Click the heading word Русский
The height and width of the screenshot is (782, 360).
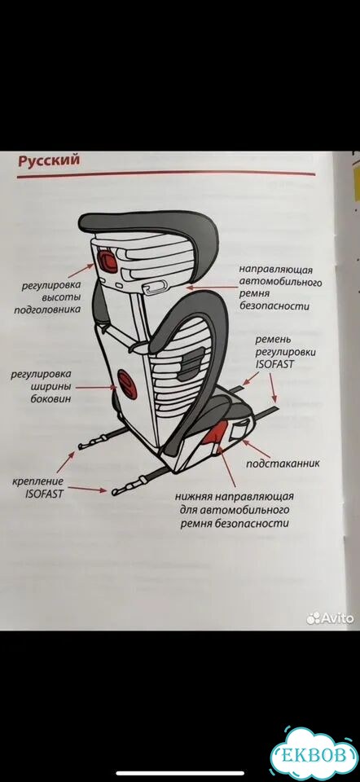tap(48, 161)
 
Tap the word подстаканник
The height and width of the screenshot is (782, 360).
tap(283, 463)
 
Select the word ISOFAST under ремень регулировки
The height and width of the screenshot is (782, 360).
tap(274, 363)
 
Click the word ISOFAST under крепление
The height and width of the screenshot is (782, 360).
tap(44, 494)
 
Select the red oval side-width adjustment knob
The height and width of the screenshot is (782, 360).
tap(126, 384)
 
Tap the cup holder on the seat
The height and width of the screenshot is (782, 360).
tap(239, 428)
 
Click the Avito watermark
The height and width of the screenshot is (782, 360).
tap(330, 618)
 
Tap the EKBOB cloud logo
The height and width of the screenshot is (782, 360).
tap(314, 754)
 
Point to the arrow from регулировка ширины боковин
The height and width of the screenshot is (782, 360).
tap(96, 387)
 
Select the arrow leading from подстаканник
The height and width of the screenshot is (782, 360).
tap(256, 448)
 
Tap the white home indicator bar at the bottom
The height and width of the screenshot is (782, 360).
tap(180, 773)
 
